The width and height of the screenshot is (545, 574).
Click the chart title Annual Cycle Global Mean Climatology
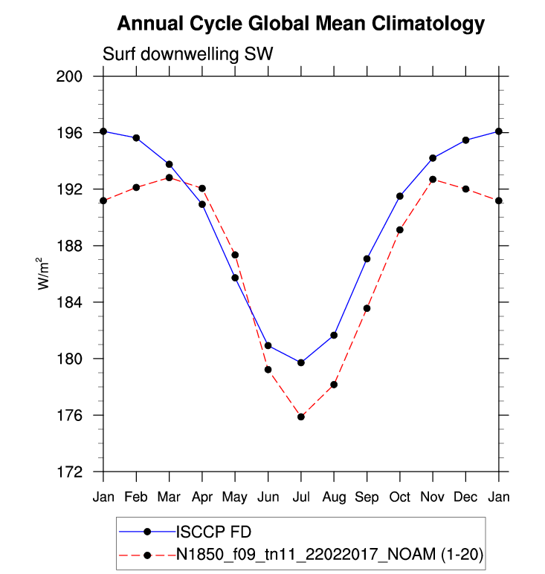pos(301,24)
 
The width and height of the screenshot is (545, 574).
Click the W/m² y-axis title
pos(45,273)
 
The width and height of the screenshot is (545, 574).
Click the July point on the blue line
pos(301,362)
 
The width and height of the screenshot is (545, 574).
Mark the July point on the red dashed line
pos(301,417)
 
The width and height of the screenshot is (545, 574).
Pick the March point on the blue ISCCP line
pos(170,164)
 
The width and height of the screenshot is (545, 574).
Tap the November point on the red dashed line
pos(433,180)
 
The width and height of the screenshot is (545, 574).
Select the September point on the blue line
pos(367,258)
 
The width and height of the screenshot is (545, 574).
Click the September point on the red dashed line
pos(367,308)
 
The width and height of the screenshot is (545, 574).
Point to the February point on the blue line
pos(136,138)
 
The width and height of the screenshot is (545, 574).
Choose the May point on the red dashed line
pos(235,255)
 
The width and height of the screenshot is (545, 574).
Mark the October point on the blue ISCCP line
pos(400,196)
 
